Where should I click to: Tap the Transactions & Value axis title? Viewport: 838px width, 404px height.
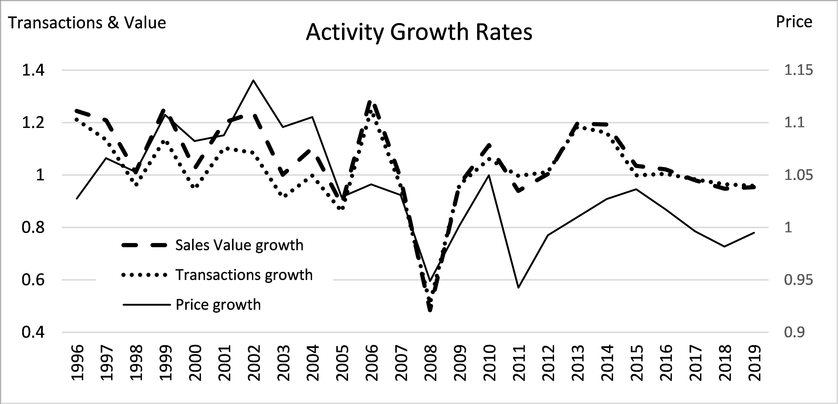point(87,23)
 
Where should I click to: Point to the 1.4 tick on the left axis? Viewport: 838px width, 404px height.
point(33,70)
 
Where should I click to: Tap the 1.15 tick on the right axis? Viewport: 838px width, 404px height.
point(798,70)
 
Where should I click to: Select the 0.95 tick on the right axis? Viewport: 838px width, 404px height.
point(798,280)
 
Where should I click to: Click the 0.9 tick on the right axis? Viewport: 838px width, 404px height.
point(794,332)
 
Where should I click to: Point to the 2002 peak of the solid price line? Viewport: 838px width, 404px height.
point(253,80)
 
